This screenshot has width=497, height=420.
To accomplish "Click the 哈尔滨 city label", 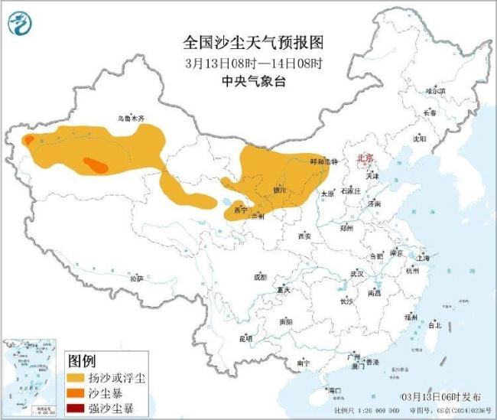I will point(434,90).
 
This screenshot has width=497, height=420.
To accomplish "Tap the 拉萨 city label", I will point(136,278).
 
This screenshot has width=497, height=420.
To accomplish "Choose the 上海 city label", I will point(423,258).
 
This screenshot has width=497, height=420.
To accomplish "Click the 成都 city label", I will point(260,277).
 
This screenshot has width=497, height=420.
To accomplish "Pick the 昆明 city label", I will point(245,337).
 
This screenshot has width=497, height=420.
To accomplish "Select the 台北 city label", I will point(434,325).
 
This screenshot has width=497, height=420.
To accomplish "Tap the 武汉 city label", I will point(357,273).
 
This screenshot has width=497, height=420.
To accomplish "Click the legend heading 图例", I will point(82,360).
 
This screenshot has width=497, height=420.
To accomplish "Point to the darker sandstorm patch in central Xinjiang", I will point(96,164).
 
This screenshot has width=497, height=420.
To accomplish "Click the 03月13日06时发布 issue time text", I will point(441,397).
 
